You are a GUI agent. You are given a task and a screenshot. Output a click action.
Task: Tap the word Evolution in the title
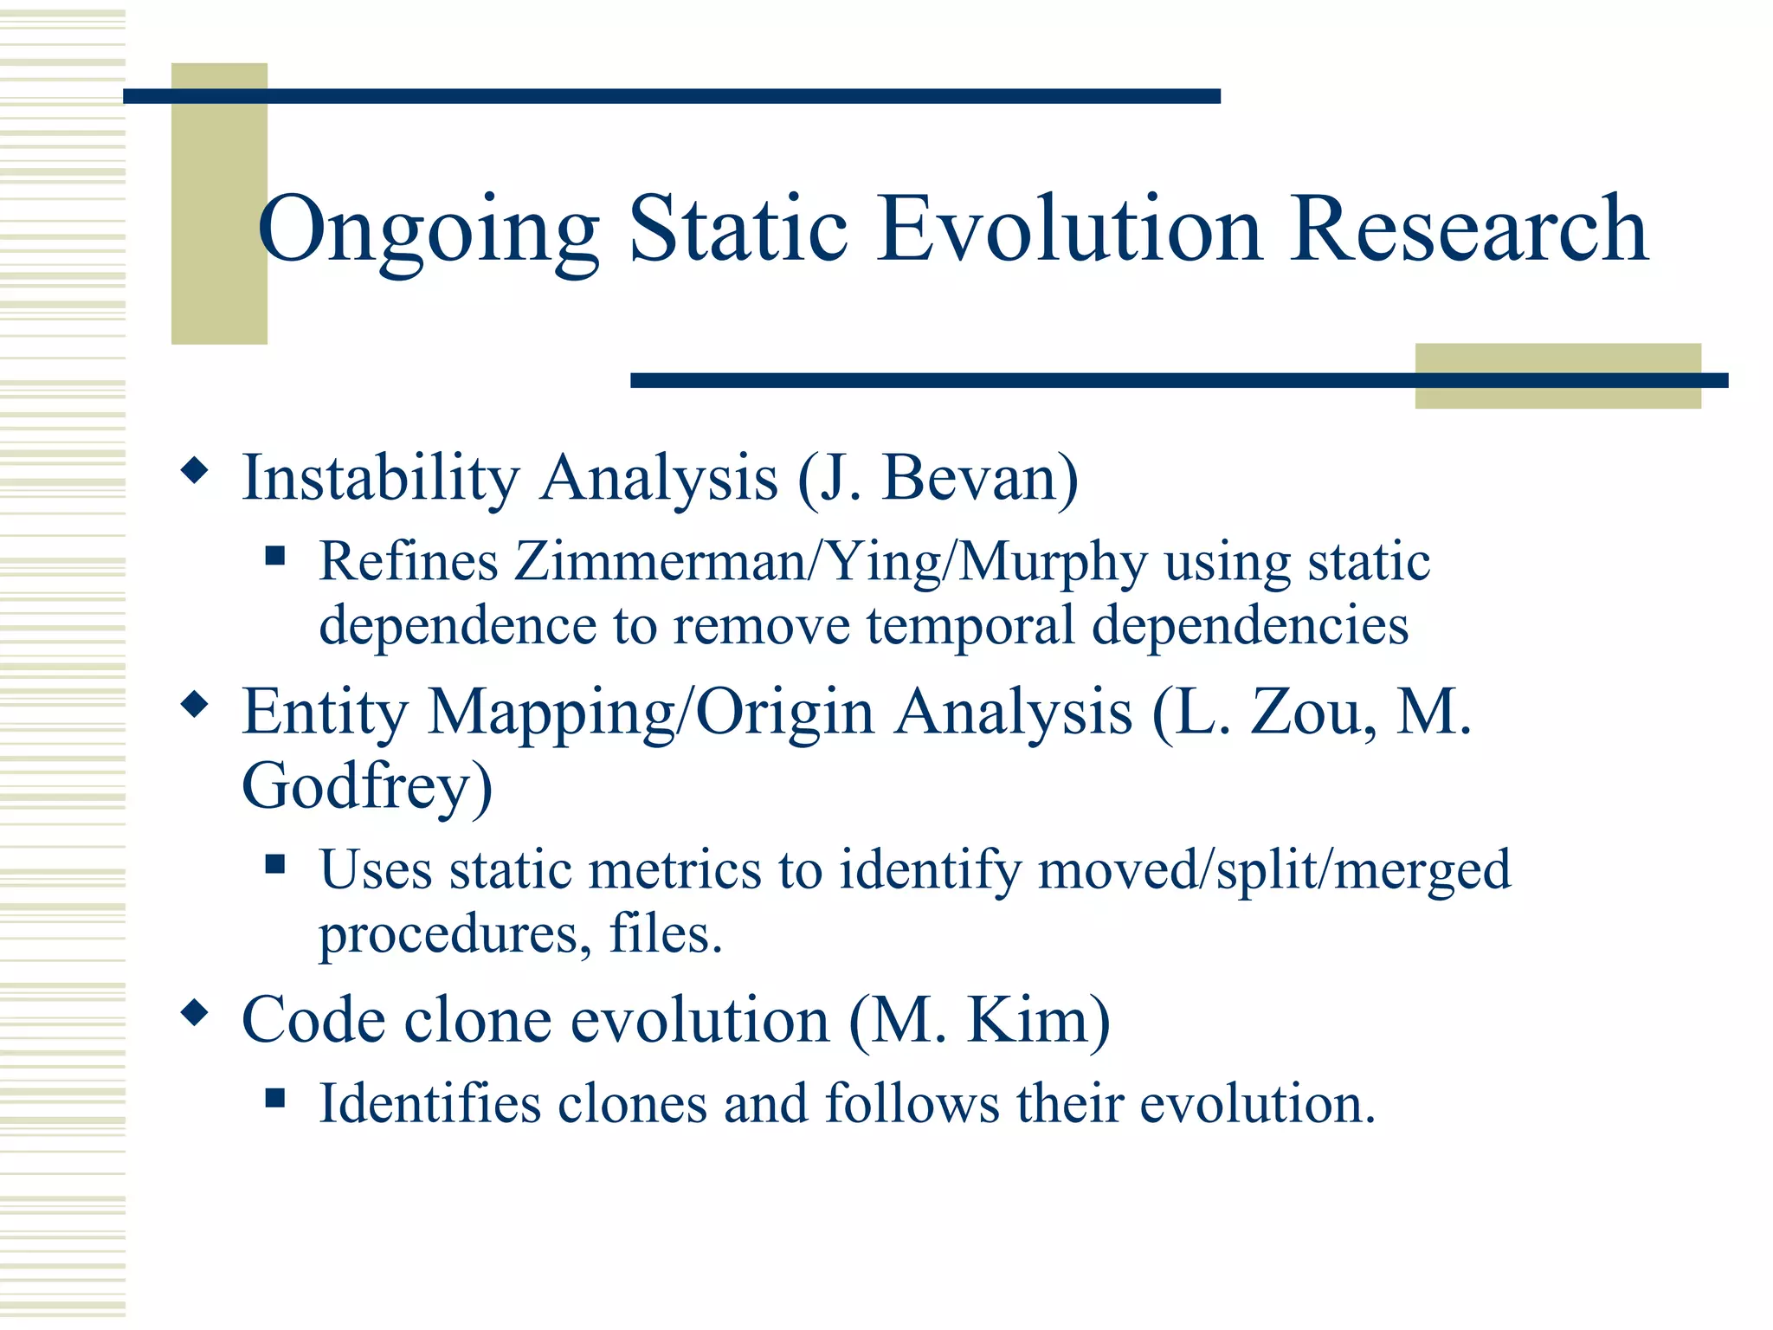click(1069, 229)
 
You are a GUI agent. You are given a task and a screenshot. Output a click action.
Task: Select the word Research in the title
click(1468, 229)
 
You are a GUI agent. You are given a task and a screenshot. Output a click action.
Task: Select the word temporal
click(970, 625)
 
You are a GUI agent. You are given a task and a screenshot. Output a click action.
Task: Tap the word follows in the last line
click(912, 1104)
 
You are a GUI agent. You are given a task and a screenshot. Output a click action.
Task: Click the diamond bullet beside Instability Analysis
click(195, 471)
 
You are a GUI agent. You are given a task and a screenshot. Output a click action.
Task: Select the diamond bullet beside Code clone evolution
click(195, 1012)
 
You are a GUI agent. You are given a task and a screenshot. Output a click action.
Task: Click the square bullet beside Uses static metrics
click(275, 863)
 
